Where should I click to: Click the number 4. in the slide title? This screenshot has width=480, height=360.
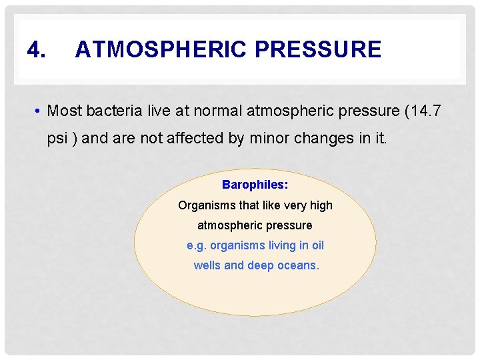tap(37, 49)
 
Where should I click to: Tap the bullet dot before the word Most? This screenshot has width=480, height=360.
tap(39, 111)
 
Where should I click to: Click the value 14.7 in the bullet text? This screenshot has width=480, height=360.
tap(426, 111)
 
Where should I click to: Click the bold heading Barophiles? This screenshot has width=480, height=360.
tap(255, 185)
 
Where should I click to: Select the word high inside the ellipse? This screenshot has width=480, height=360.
tap(321, 205)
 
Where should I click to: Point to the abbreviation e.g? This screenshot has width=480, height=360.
tap(197, 245)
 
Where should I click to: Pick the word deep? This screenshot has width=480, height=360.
tap(260, 265)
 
